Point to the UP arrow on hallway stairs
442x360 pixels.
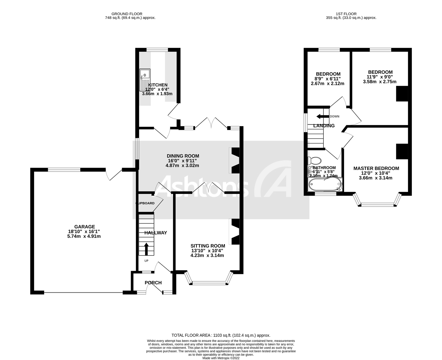point(146,249)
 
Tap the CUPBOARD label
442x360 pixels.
point(145,203)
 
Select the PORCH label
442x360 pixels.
point(153,283)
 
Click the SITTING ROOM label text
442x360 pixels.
point(208,246)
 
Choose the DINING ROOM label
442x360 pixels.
point(183,156)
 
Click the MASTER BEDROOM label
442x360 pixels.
point(376,168)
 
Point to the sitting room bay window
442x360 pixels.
point(208,281)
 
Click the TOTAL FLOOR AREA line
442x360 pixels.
point(221,335)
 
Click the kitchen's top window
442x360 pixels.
point(157,50)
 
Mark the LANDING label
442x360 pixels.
point(324,126)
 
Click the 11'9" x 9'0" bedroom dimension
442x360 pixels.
point(380,77)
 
